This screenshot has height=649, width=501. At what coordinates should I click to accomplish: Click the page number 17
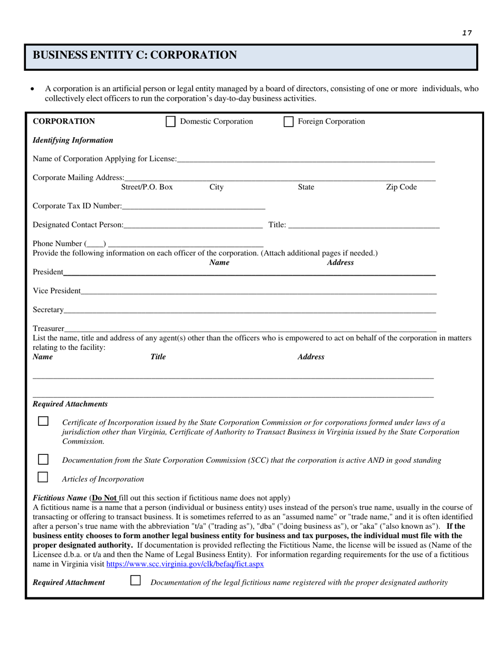click(x=467, y=33)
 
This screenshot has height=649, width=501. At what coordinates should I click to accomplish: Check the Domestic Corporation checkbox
click(x=170, y=122)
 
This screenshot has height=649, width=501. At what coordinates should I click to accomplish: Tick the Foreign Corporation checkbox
click(x=288, y=122)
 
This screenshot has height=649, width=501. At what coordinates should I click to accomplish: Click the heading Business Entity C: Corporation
click(x=135, y=55)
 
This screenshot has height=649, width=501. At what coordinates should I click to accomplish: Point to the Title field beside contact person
click(x=364, y=225)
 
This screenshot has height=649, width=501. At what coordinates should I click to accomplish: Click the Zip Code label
click(x=401, y=187)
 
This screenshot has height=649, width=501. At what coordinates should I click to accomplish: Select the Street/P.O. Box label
click(x=147, y=187)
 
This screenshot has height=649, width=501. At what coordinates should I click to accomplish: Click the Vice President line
click(x=258, y=291)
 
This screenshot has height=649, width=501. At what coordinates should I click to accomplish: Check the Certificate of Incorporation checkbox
click(x=43, y=422)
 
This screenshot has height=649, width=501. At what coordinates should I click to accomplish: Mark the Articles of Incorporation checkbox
click(x=43, y=478)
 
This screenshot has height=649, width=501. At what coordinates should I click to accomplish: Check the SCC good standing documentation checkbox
click(x=43, y=459)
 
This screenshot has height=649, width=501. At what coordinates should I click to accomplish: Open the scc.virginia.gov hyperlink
click(x=185, y=564)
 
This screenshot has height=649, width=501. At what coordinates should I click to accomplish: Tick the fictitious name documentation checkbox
click(x=136, y=580)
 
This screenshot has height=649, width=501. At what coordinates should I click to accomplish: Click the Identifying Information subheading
click(x=73, y=140)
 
